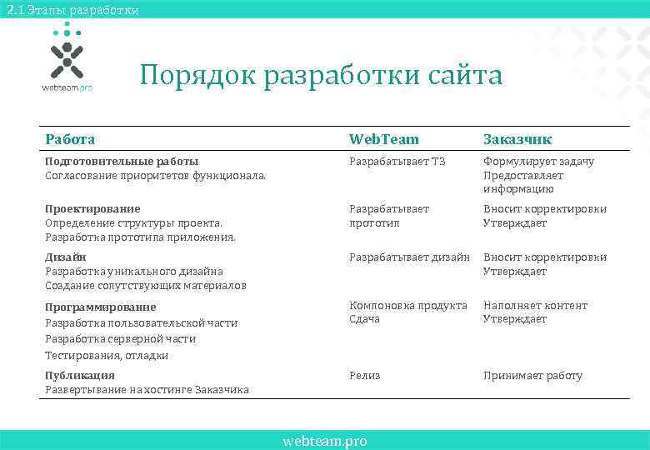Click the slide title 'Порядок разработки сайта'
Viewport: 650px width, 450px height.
321,76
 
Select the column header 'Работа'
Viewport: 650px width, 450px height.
70,139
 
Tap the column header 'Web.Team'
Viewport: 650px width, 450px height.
383,139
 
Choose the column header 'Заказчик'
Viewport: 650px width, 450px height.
517,139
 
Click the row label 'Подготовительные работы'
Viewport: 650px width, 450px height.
122,162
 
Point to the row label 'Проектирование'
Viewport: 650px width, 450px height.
92,209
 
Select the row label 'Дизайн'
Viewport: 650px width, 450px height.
66,257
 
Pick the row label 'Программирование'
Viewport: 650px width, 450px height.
100,307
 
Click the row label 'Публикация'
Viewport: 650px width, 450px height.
80,376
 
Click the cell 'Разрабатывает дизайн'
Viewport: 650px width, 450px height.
409,257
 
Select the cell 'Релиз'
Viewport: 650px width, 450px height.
364,376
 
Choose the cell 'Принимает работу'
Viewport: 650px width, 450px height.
532,376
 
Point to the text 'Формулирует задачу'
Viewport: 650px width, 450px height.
538,162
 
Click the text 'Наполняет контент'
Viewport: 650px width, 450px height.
535,306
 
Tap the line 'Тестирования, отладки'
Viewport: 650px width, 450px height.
107,356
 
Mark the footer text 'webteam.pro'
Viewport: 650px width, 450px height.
324,441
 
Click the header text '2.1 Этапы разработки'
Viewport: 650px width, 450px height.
71,9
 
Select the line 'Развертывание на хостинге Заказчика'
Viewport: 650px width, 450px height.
147,390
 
